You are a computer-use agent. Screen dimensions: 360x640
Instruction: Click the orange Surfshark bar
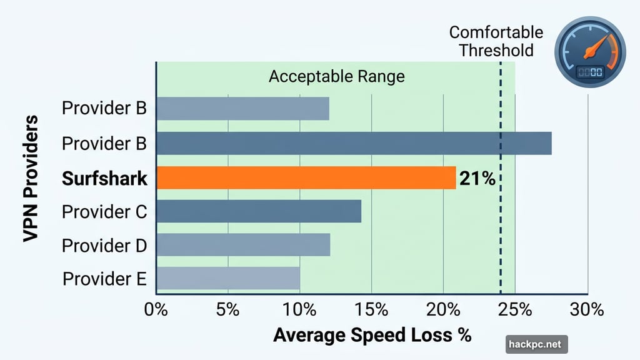[306, 178]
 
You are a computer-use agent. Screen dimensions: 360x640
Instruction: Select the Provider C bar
[258, 211]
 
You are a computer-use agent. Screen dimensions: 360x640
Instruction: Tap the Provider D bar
[242, 245]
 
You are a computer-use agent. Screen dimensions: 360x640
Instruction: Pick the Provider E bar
[227, 278]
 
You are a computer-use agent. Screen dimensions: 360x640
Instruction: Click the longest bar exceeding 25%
[353, 143]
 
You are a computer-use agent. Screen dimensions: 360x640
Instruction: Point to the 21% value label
[477, 179]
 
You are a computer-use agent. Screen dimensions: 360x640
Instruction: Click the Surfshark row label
[104, 179]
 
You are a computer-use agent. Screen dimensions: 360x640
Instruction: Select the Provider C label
[104, 212]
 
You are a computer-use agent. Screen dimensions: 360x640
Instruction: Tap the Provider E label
[104, 278]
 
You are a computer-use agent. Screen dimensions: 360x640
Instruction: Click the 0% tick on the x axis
[156, 309]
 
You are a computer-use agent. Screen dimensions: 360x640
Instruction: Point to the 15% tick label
[371, 309]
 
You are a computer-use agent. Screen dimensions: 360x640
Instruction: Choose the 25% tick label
[515, 309]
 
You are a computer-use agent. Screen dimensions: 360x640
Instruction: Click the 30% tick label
[587, 309]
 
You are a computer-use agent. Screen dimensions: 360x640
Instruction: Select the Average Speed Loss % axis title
[372, 335]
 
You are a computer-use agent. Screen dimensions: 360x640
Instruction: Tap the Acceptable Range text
[336, 77]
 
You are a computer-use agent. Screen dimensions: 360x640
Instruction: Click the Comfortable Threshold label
[496, 41]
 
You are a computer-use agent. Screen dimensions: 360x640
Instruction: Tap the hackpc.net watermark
[536, 344]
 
